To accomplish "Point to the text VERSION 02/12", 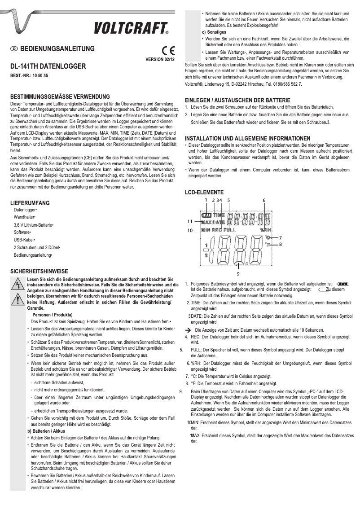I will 161,59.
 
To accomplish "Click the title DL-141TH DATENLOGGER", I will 48,66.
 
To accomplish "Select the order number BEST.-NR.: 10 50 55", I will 29,75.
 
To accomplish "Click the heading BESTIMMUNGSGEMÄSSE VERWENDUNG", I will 60,97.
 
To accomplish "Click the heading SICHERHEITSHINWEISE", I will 39,272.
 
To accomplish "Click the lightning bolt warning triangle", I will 18,285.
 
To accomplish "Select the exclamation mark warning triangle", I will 18,301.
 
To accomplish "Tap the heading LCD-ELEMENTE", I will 204,192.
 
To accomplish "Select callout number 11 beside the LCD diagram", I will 190,221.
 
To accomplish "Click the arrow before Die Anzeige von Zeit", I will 189,329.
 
